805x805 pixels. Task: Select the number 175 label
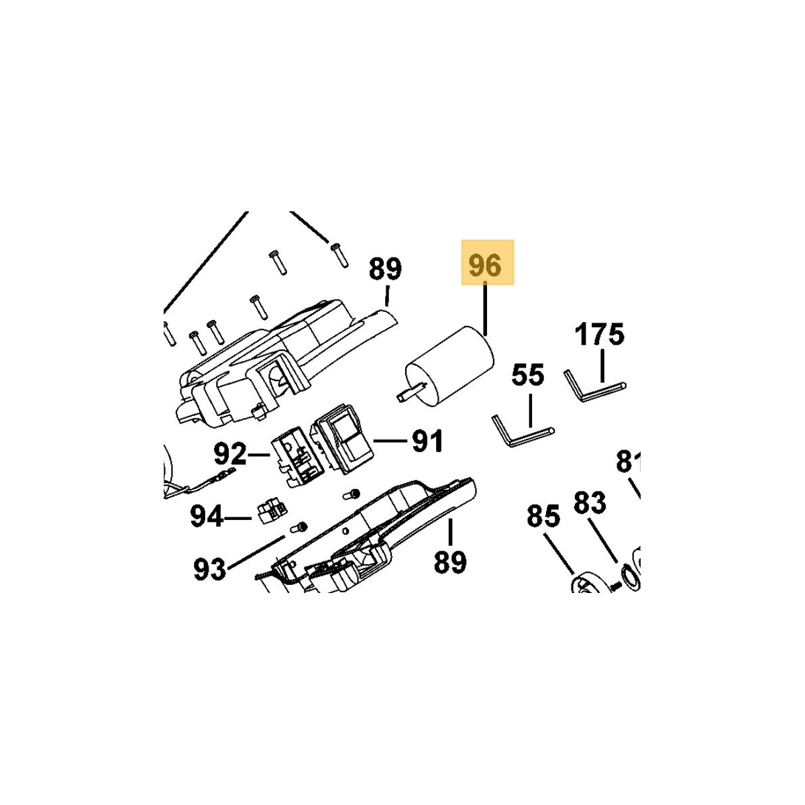pyautogui.click(x=600, y=334)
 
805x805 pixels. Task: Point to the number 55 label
pyautogui.click(x=528, y=375)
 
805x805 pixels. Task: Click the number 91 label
pyautogui.click(x=427, y=441)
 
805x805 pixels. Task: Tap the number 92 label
pyautogui.click(x=230, y=454)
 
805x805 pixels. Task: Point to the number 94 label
pyautogui.click(x=207, y=517)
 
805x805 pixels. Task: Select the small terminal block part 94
pyautogui.click(x=272, y=512)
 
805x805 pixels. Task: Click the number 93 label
pyautogui.click(x=210, y=569)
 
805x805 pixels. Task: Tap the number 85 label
pyautogui.click(x=543, y=517)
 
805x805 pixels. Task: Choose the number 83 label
pyautogui.click(x=590, y=502)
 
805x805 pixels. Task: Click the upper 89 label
pyautogui.click(x=385, y=268)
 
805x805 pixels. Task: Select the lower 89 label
pyautogui.click(x=450, y=562)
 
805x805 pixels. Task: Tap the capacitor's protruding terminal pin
pyautogui.click(x=413, y=393)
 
